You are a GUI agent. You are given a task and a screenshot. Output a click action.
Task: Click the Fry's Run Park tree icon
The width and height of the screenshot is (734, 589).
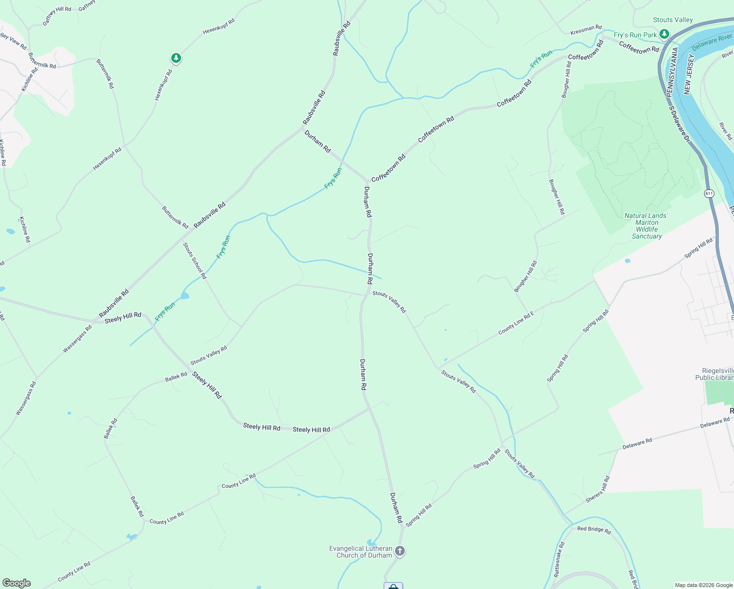point(664,34)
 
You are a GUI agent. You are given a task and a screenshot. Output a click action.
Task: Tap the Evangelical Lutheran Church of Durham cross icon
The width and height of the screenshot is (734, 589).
point(400,551)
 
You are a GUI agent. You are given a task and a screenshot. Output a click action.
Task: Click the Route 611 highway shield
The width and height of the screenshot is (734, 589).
point(709,193)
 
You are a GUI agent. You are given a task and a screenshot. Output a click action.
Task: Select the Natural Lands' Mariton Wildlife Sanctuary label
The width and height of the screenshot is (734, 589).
point(646,226)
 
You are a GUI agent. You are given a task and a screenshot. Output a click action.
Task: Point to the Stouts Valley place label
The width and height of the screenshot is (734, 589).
point(673,20)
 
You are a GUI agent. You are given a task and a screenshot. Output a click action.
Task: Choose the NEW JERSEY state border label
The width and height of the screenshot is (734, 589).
point(689,74)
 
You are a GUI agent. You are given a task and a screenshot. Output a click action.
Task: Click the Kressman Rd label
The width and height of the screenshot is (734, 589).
point(586,30)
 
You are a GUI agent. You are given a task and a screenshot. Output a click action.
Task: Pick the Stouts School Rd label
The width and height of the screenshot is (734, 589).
point(195,261)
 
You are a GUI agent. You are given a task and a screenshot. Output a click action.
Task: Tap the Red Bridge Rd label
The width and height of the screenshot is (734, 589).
point(594,530)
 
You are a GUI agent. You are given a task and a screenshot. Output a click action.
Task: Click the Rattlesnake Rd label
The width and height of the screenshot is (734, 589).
point(559,559)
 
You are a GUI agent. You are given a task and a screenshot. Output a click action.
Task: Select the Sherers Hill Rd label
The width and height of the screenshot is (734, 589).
point(598,489)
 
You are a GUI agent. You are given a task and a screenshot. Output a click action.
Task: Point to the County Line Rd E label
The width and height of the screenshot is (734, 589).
point(516,322)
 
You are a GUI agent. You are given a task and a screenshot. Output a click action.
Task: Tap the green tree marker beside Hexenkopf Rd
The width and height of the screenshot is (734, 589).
point(176,58)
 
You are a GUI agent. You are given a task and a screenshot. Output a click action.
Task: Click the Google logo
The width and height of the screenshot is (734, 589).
point(16,583)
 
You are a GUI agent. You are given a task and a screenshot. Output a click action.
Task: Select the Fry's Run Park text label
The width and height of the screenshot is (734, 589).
point(635,35)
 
